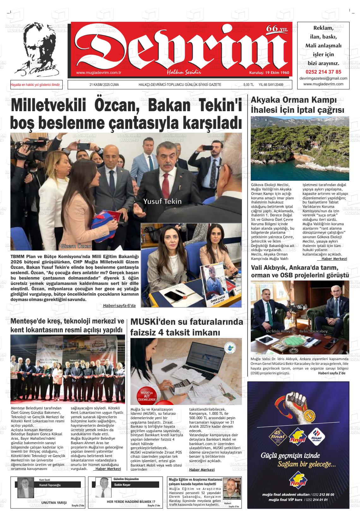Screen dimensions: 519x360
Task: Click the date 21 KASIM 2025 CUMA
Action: pos(104,85)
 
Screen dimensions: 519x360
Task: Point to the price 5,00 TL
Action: pos(248,85)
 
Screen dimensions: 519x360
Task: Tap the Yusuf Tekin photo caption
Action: pos(162,201)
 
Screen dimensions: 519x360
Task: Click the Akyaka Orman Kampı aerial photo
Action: pos(300,148)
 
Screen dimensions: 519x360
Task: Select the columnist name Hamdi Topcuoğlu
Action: pos(50,485)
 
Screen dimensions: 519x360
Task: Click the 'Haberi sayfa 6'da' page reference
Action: pos(119,305)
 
